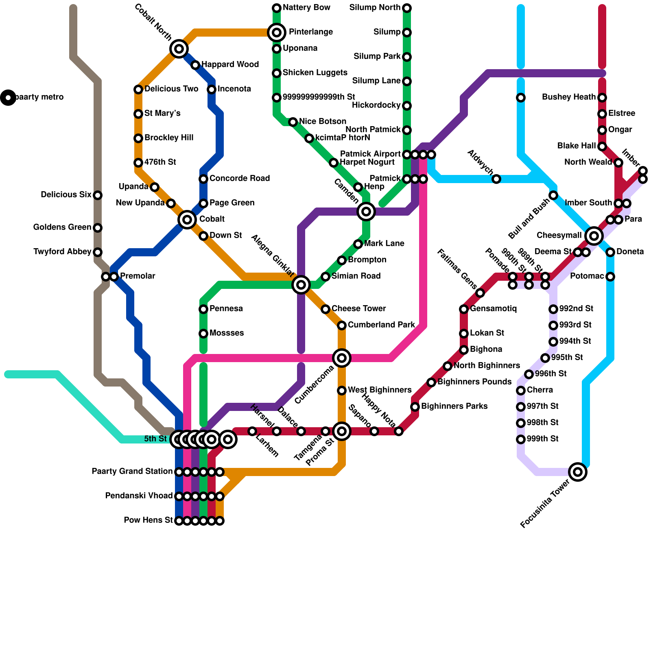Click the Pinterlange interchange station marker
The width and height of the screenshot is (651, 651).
277,32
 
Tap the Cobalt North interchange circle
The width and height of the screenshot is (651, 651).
179,49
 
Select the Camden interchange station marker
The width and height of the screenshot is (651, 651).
366,211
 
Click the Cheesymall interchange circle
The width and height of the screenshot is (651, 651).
594,236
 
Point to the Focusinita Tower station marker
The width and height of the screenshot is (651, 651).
578,472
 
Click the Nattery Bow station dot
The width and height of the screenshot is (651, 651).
277,8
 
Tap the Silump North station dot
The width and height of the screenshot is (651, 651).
407,8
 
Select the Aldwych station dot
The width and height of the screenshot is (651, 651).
496,179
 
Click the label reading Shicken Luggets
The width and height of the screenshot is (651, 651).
315,73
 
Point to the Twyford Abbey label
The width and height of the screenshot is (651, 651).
62,252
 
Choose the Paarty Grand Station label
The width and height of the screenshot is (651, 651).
132,472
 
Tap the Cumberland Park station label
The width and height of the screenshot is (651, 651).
381,325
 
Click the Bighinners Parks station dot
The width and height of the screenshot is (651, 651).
415,406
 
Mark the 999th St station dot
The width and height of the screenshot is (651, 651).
521,439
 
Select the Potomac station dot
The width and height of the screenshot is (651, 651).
610,277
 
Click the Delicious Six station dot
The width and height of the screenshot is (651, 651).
98,195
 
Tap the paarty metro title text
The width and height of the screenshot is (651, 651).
39,97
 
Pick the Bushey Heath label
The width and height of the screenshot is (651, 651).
569,97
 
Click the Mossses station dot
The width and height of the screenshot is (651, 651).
203,334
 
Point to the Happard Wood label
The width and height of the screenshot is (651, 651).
230,65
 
